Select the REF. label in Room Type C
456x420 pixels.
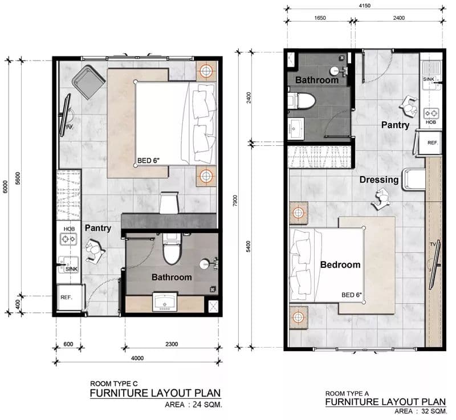[66, 297]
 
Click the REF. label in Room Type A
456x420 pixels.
[433, 142]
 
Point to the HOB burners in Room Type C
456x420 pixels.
[68, 239]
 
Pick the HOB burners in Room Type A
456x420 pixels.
[431, 113]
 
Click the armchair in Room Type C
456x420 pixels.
[88, 82]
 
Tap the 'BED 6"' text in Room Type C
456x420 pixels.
[148, 161]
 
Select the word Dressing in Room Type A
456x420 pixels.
[379, 180]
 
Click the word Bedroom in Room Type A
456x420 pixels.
[340, 264]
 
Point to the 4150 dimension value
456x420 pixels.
[365, 6]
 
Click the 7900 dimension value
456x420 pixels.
[235, 201]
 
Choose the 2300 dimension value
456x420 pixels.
[172, 344]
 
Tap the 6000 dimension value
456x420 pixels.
[5, 186]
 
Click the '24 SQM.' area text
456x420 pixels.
[207, 405]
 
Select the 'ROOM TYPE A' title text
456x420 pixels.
[347, 394]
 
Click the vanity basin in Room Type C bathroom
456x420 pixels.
[165, 302]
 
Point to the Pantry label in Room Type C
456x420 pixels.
[98, 228]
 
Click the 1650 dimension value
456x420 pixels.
[320, 18]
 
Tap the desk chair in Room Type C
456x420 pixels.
[169, 202]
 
